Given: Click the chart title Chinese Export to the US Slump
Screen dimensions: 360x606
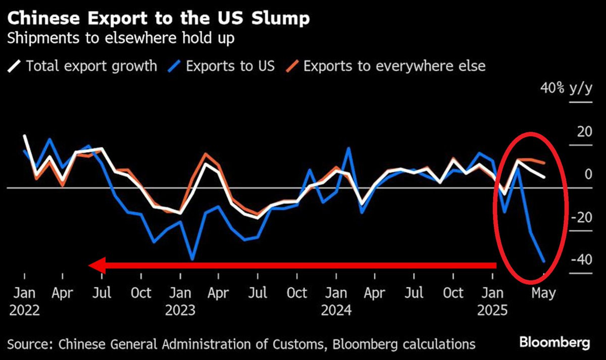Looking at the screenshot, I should pos(158,19).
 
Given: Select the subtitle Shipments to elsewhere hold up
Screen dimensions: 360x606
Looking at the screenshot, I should pos(121,39).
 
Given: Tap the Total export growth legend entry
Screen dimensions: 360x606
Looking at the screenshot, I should pos(84,66).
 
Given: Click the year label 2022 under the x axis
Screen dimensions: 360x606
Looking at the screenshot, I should pos(24,310).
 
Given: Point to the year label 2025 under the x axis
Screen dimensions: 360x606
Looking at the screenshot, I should pos(492,310).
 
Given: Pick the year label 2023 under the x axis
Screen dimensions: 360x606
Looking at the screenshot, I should pos(180,310).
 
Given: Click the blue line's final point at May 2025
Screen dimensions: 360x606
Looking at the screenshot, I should pos(543,262).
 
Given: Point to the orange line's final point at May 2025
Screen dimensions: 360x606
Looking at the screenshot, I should pos(543,163).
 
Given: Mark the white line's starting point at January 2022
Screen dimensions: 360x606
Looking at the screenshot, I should pos(24,135).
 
